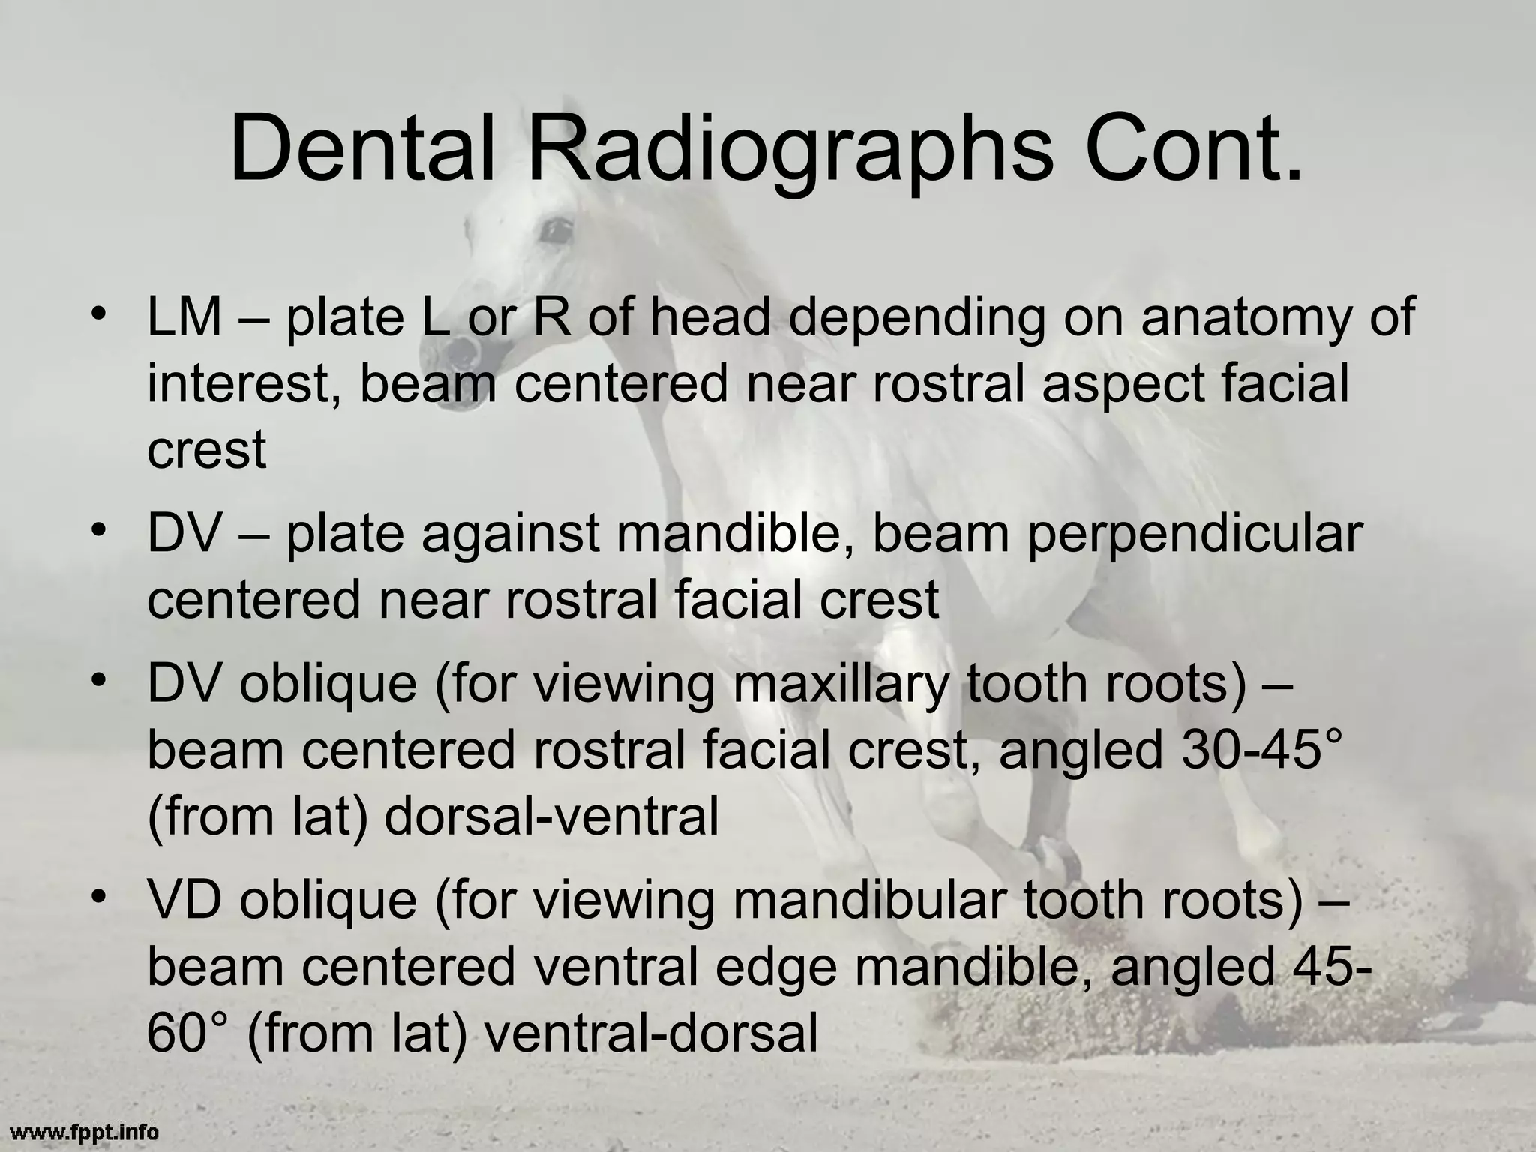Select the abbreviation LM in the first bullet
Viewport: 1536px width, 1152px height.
(x=184, y=316)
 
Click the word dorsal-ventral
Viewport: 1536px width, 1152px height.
(x=551, y=817)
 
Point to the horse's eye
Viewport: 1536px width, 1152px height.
(x=556, y=230)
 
